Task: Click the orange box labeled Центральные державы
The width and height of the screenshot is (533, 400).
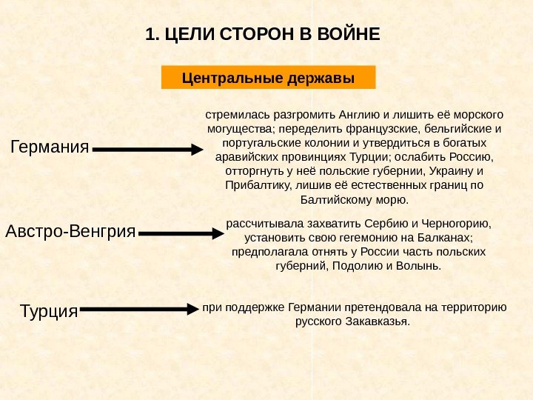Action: pos(268,77)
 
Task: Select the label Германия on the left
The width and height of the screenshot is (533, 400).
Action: pos(50,147)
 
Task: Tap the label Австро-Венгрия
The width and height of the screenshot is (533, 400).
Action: pos(71,232)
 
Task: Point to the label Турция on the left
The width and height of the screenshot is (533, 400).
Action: pos(49,311)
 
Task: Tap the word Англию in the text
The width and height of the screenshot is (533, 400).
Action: pos(357,116)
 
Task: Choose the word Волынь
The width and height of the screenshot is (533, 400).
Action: pos(419,265)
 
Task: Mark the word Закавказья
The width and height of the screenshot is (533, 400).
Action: pos(375,322)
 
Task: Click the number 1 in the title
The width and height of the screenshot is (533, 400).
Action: pos(150,35)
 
